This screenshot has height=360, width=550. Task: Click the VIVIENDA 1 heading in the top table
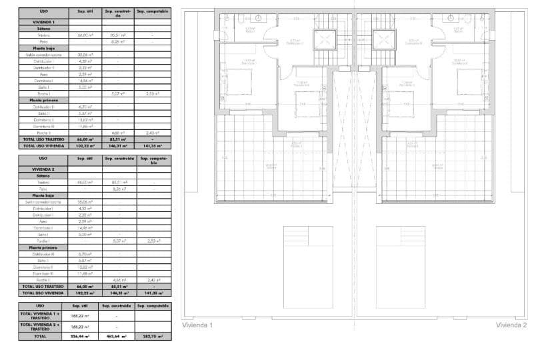click(43, 22)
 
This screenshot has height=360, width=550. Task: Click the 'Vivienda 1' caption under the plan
click(197, 325)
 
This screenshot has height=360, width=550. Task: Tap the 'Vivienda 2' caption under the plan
click(511, 325)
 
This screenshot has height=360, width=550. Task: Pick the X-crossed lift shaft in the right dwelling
click(383, 38)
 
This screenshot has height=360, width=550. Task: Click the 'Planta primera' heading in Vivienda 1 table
click(43, 100)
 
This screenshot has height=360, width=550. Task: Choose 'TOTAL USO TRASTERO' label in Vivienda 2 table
click(43, 286)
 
